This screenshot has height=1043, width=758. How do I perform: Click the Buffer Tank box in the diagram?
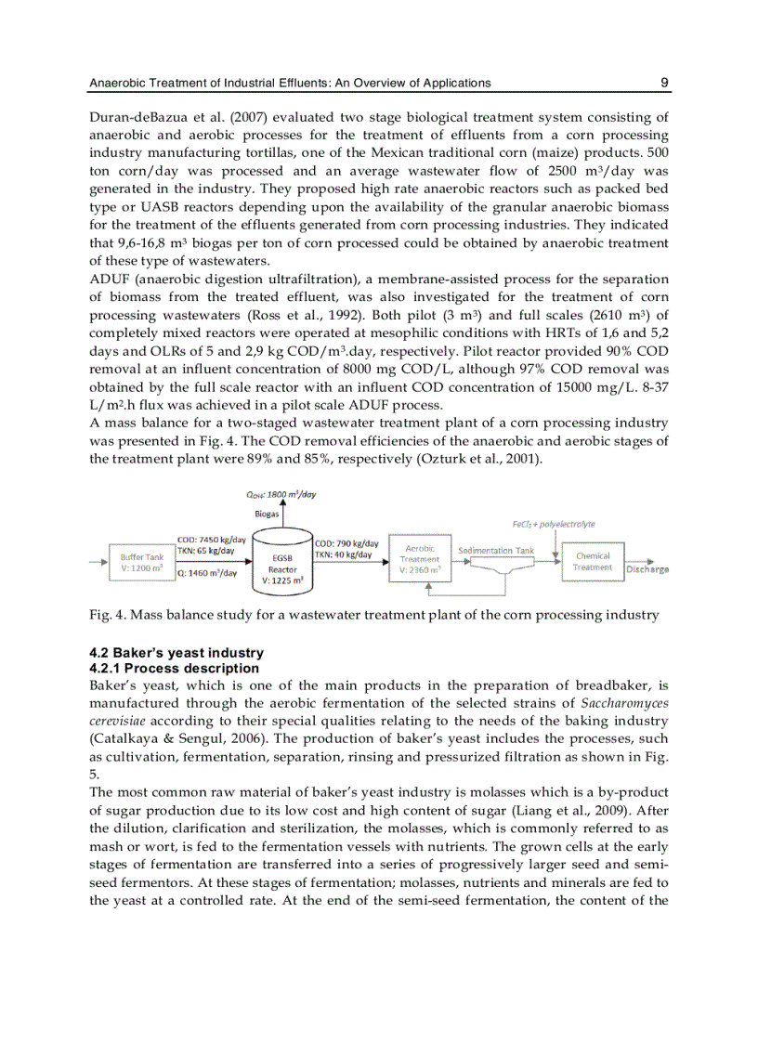[x=142, y=563]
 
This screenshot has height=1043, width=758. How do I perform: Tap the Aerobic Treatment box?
[x=420, y=559]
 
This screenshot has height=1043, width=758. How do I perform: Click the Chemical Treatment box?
[x=592, y=562]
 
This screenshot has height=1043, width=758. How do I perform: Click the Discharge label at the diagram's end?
[x=647, y=569]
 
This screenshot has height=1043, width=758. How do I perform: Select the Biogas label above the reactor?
[x=267, y=512]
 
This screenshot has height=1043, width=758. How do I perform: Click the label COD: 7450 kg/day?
[x=212, y=540]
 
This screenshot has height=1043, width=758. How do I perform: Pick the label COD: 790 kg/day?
[x=346, y=543]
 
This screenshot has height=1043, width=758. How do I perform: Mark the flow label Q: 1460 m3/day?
[x=207, y=573]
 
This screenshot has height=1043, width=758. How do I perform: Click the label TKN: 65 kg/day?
[x=207, y=551]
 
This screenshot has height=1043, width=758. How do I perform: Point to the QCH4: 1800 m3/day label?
[x=281, y=494]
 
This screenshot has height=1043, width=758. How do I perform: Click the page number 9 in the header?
[x=664, y=83]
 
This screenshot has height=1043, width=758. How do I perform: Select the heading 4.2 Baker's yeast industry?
[x=176, y=653]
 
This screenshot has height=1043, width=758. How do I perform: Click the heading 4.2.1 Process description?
[x=175, y=668]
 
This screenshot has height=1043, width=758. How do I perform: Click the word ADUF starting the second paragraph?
[x=109, y=279]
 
